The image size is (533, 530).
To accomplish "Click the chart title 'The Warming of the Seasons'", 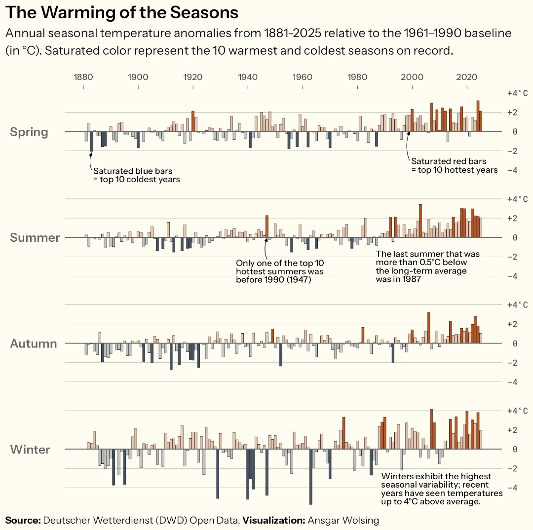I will [121, 12].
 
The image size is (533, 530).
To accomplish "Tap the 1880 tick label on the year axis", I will [83, 77].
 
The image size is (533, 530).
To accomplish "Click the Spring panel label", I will [29, 132].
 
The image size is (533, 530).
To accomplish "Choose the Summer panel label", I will [35, 238].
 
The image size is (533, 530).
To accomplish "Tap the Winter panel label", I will [30, 450].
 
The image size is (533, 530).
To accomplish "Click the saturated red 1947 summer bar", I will [267, 227].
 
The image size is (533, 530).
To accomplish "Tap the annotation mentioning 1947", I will [280, 271].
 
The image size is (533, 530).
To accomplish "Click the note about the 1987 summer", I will [427, 266].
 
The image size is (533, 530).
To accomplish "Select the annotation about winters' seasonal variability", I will [442, 489].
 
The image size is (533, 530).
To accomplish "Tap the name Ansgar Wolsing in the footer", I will [343, 520].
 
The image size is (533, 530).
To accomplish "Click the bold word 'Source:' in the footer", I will [23, 520].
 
